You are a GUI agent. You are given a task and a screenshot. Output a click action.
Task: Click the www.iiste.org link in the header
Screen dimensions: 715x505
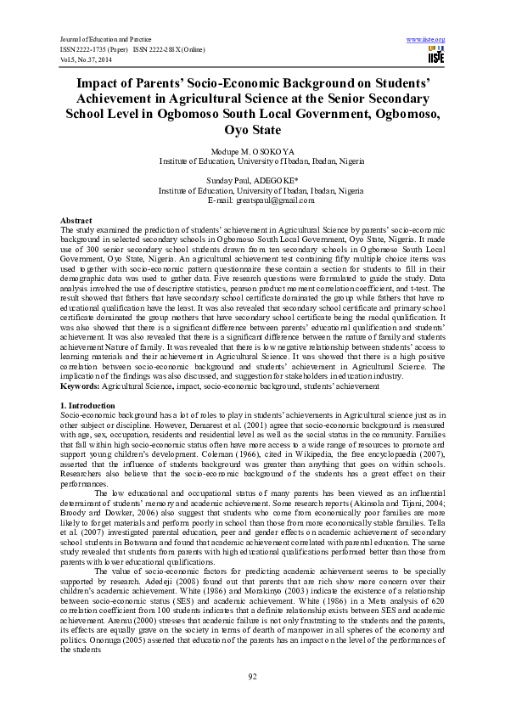[426, 40]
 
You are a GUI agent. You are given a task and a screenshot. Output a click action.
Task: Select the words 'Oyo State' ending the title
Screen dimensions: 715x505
[252, 131]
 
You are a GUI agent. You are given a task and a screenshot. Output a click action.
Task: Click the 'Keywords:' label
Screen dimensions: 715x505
[81, 386]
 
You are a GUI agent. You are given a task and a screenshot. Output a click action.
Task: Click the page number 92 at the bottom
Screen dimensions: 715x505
[252, 676]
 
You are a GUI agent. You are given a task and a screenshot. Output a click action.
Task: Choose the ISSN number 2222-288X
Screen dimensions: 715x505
[166, 48]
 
